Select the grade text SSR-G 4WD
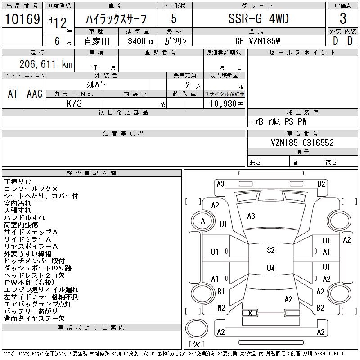point(258,19)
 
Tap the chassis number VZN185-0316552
point(302,143)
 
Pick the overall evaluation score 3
point(343,19)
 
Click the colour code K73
point(74,103)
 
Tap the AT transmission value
point(13,94)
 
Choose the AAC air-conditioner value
point(35,94)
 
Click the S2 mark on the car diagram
point(270,250)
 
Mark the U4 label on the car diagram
point(270,268)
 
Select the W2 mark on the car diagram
point(221,308)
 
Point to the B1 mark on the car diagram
point(221,292)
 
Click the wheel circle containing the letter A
point(203,221)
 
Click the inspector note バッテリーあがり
point(31,311)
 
